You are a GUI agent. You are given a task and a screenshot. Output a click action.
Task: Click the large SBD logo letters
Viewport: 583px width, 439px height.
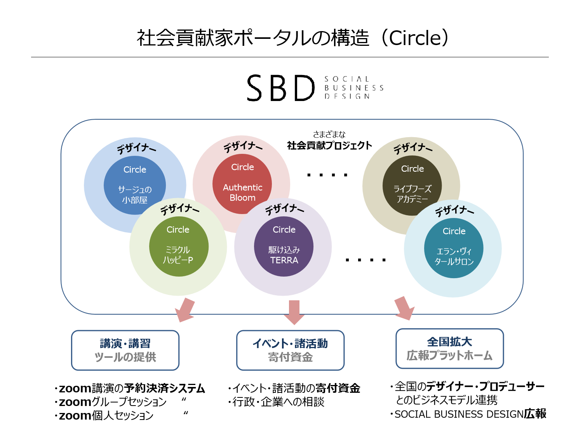[x=280, y=88]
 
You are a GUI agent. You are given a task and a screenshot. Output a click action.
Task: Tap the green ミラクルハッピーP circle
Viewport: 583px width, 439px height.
[x=179, y=246]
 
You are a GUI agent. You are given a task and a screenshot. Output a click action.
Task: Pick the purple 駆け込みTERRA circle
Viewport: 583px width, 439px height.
[x=284, y=246]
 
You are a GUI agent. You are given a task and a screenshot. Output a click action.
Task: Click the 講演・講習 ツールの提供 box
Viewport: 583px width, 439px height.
[x=125, y=350]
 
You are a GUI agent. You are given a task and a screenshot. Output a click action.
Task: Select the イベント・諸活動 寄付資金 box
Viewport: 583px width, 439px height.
[x=290, y=350]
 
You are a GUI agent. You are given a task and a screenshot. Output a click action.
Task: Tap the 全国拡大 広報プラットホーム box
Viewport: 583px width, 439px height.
[x=449, y=348]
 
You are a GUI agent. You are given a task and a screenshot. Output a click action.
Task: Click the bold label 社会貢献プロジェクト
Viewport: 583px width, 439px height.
[x=329, y=146]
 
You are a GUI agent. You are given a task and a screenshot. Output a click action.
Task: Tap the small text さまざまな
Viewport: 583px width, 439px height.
[x=329, y=134]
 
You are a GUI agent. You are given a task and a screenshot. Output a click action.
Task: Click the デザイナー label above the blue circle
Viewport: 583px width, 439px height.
[x=136, y=148]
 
